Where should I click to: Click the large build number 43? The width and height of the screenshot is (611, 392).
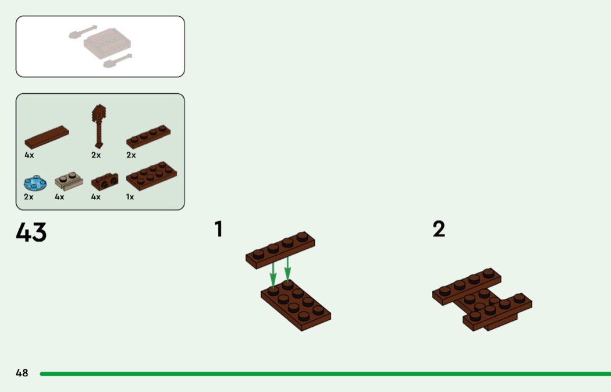point(31,232)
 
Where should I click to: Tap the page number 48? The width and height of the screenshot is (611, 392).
point(22,373)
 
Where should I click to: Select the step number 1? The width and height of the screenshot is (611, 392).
point(218,229)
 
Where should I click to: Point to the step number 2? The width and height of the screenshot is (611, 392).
point(439,229)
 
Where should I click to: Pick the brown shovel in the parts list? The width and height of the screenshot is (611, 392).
point(99,125)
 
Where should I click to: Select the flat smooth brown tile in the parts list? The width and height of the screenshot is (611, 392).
point(47,137)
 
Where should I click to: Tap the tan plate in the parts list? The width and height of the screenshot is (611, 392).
point(69,182)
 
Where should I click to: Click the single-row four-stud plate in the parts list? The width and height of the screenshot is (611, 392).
point(148,136)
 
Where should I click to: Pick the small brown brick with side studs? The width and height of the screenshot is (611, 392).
point(105,182)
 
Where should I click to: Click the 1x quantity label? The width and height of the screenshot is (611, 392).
point(130,197)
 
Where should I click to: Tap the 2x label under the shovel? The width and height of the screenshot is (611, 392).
point(96,156)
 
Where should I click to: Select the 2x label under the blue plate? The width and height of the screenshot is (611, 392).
point(29,197)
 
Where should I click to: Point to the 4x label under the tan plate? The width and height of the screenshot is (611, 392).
point(59,197)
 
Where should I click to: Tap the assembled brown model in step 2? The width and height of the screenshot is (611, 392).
point(482,300)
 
